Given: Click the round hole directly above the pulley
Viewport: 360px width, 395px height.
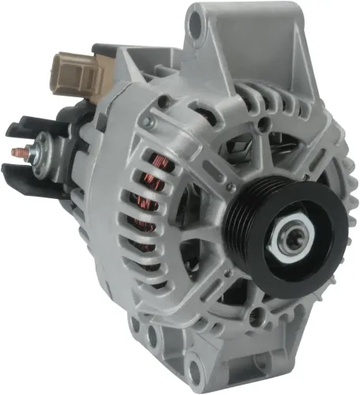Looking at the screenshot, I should point(253,149).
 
